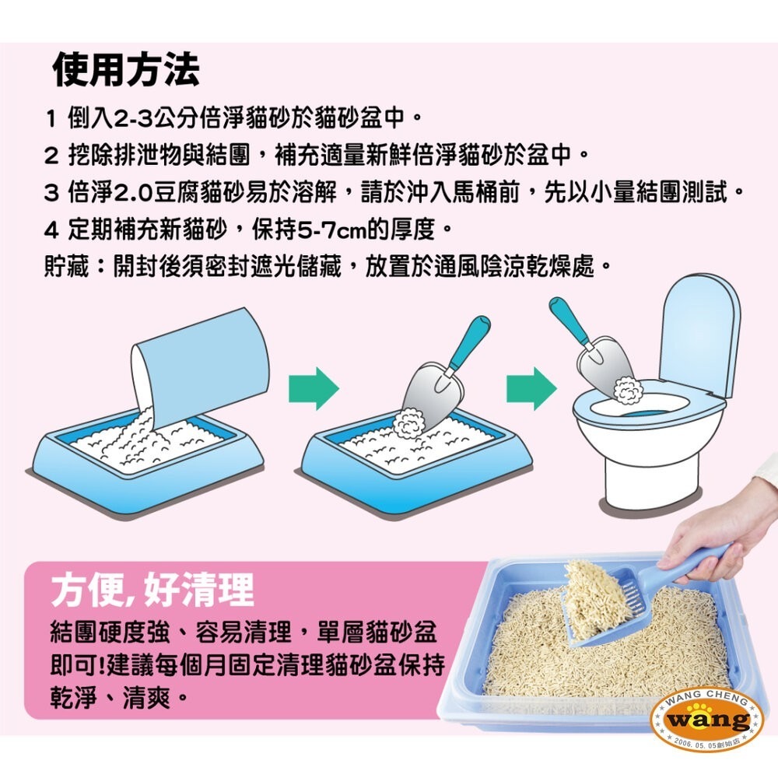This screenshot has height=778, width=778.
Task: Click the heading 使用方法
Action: click(126, 70)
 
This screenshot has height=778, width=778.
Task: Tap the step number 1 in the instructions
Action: click(51, 121)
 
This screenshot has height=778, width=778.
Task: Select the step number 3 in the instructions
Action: click(51, 193)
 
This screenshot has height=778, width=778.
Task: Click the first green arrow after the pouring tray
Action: click(314, 387)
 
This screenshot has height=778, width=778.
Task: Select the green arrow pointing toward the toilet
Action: click(531, 387)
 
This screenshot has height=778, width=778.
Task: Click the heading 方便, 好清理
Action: click(152, 591)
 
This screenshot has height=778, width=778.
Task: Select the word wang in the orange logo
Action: click(707, 720)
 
